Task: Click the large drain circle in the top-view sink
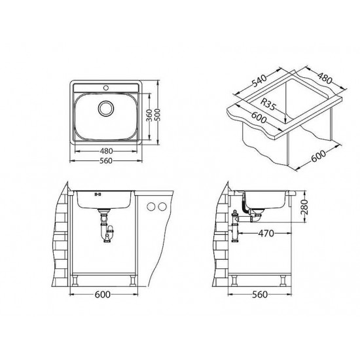tap(106, 108)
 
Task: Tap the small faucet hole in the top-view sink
tap(106, 87)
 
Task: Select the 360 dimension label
tap(149, 115)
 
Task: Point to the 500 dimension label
tap(158, 115)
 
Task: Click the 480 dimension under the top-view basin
tap(106, 151)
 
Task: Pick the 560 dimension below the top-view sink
tap(106, 161)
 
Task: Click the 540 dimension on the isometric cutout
tap(260, 81)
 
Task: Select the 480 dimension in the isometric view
tap(325, 77)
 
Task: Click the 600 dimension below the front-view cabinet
tap(103, 295)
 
